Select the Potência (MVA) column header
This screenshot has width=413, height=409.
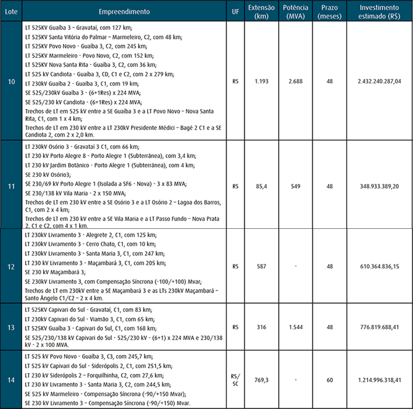pyautogui.click(x=296, y=11)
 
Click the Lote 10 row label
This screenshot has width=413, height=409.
pyautogui.click(x=11, y=81)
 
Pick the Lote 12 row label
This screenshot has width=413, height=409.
pyautogui.click(x=11, y=267)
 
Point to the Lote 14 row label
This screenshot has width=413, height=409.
pyautogui.click(x=11, y=381)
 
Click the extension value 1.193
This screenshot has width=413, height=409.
pyautogui.click(x=261, y=81)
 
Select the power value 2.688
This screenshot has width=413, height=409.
pyautogui.click(x=296, y=81)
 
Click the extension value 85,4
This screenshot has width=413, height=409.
pyautogui.click(x=261, y=184)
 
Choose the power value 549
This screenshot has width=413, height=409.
pyautogui.click(x=296, y=184)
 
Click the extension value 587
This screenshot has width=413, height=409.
pyautogui.click(x=261, y=267)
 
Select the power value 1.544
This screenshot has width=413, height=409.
pyautogui.click(x=296, y=327)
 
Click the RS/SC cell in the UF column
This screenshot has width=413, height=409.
pyautogui.click(x=235, y=381)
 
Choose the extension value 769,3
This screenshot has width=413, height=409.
pyautogui.click(x=261, y=381)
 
